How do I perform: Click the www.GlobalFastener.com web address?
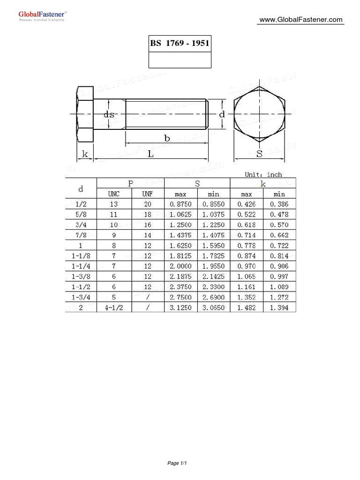click(x=301, y=20)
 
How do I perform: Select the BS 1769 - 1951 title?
click(x=180, y=44)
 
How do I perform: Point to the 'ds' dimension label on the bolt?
click(x=109, y=114)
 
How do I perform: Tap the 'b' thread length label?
click(x=166, y=138)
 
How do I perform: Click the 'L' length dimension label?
click(x=150, y=153)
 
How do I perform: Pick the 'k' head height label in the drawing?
click(x=85, y=153)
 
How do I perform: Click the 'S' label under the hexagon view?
click(x=259, y=153)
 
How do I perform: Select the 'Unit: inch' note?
click(x=263, y=174)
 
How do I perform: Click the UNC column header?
click(x=114, y=194)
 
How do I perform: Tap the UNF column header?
click(x=149, y=194)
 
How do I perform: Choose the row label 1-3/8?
click(x=81, y=277)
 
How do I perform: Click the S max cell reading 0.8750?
click(x=181, y=204)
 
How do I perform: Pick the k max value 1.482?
click(x=247, y=307)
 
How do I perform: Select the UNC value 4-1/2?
click(x=114, y=307)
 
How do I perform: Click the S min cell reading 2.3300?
click(x=214, y=287)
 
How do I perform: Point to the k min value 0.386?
click(x=279, y=204)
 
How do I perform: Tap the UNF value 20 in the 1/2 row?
click(x=149, y=204)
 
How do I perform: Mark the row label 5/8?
click(x=81, y=215)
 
